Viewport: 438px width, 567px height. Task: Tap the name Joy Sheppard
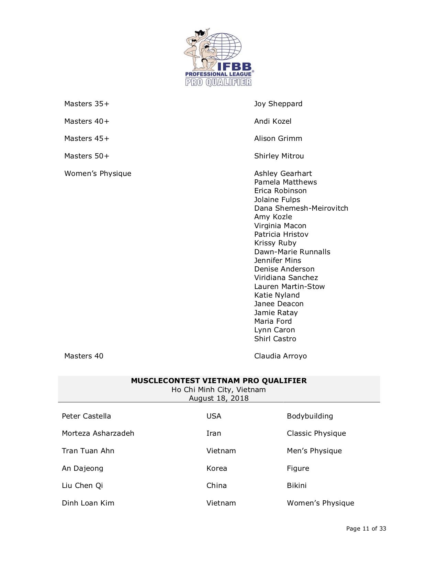click(x=278, y=104)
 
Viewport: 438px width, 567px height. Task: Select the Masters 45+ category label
click(x=87, y=138)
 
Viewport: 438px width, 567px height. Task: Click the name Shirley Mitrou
click(x=279, y=156)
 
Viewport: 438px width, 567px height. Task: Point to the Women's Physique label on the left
click(x=98, y=174)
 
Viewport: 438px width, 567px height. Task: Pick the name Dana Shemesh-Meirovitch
click(x=301, y=208)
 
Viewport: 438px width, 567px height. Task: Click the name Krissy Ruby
click(x=275, y=243)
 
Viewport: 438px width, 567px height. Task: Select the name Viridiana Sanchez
click(x=286, y=278)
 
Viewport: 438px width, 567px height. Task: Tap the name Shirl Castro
click(x=275, y=339)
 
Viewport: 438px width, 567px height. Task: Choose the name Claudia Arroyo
click(x=280, y=356)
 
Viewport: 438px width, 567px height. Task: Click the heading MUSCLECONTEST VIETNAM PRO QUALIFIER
click(x=219, y=381)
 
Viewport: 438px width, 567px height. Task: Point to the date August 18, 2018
click(x=219, y=398)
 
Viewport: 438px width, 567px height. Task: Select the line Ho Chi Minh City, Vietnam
click(x=219, y=390)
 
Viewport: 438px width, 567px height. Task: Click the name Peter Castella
click(x=86, y=416)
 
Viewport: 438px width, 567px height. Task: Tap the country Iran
click(x=213, y=433)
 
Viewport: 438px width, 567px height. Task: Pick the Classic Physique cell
click(x=316, y=433)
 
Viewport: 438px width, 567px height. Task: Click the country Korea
click(x=216, y=468)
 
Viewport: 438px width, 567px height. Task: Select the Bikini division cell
click(x=296, y=486)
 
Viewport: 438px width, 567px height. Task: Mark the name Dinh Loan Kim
click(x=88, y=503)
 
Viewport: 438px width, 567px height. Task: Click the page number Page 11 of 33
click(x=366, y=529)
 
